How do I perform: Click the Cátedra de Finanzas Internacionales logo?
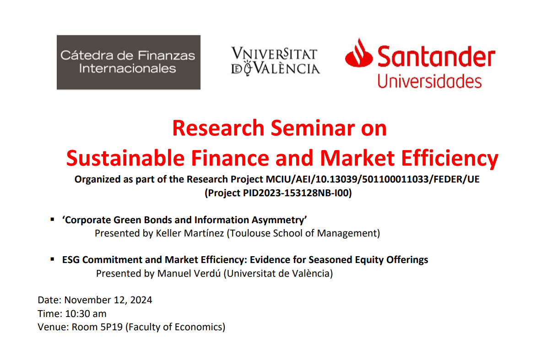pos(128,62)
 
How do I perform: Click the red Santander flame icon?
pos(358,53)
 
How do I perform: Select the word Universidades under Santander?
pos(429,81)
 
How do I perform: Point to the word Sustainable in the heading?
pos(125,158)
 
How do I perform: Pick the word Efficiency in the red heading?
pos(450,159)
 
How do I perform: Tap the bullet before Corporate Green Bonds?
pos(52,220)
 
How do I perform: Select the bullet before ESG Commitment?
pos(52,259)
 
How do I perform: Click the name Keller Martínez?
pos(190,233)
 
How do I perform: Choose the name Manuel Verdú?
pos(189,274)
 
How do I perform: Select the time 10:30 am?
pos(86,314)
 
